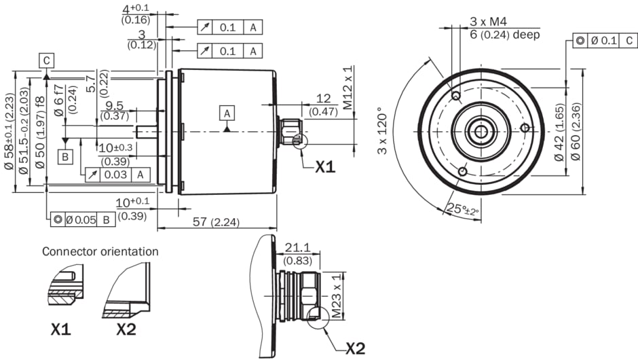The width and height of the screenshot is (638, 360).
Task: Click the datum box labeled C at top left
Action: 45,60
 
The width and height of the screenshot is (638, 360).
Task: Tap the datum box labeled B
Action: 65,158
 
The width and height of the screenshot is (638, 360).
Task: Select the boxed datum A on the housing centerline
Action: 227,113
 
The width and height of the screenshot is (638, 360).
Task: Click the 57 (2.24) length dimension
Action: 219,221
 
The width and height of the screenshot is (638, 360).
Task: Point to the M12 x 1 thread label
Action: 348,88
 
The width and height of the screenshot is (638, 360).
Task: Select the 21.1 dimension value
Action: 297,247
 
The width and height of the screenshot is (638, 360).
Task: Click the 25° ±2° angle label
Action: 462,209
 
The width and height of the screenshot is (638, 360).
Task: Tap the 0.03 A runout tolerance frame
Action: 117,175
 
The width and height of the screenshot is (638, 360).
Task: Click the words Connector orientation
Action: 100,251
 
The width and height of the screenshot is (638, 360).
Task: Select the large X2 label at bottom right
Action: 355,348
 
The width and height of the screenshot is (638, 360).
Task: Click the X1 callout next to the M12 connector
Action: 325,166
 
